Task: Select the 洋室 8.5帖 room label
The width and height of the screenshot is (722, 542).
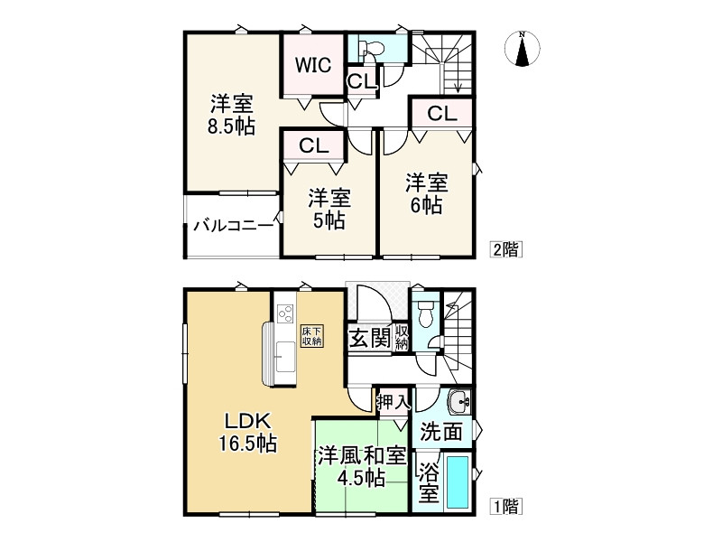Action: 231,114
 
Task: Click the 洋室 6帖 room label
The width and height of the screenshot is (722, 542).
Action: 423,193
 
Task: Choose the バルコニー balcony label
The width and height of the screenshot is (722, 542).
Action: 233,225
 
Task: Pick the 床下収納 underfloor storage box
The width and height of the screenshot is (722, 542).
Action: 312,335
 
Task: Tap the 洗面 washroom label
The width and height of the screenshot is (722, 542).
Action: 440,432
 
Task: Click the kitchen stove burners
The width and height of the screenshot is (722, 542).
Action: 285,314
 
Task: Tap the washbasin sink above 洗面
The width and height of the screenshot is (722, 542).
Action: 459,400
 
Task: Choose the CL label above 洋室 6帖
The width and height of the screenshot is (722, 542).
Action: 440,113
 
